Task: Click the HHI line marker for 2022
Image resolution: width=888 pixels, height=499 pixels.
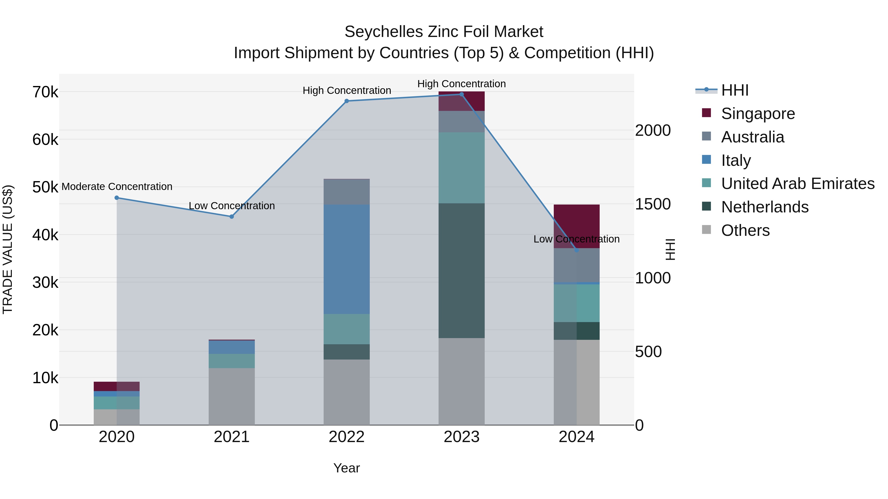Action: (347, 101)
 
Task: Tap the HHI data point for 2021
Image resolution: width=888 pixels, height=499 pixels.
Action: (232, 217)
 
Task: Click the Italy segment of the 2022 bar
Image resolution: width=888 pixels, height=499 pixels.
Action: (347, 259)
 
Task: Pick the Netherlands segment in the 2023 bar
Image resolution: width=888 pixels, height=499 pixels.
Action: (461, 270)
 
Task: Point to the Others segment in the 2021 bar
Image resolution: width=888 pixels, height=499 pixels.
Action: (232, 396)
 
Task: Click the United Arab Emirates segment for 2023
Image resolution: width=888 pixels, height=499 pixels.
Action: (461, 168)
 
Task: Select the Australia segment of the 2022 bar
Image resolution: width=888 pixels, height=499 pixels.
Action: (347, 192)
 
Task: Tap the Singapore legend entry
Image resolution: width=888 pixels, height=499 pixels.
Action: (758, 114)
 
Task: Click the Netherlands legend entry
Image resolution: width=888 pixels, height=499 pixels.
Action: (765, 207)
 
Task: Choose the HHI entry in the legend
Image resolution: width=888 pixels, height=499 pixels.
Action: (735, 90)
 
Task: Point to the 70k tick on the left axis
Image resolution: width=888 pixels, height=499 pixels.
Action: (45, 92)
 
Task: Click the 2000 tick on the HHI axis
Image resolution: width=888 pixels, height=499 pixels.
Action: (653, 131)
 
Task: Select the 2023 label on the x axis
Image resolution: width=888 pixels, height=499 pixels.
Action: (461, 437)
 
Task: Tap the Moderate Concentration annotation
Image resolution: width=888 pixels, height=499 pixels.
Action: (117, 187)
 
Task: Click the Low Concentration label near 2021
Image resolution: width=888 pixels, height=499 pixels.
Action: (232, 206)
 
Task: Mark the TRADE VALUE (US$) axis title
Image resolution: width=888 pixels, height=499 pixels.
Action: (8, 249)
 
